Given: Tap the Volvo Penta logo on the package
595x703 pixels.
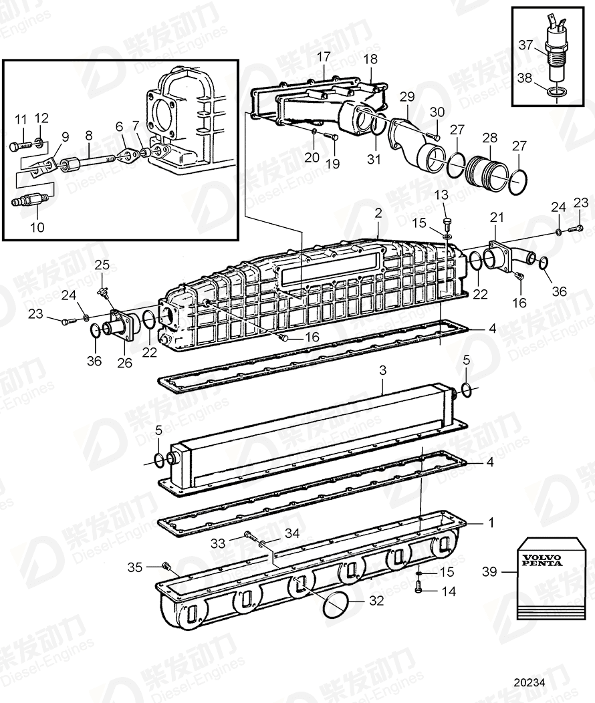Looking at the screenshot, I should [x=542, y=559].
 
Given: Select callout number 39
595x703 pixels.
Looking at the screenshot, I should [x=489, y=571].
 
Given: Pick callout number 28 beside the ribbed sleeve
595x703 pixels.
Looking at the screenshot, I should [x=490, y=137].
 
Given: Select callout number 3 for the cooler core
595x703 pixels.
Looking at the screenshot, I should [x=382, y=388].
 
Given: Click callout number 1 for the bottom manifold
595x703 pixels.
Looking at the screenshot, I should [x=491, y=523].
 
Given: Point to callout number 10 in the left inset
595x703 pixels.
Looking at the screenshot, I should [x=37, y=227].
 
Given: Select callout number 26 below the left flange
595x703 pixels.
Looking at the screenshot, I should [x=124, y=363].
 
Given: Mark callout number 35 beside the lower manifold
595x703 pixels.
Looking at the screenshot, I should [x=135, y=567].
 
